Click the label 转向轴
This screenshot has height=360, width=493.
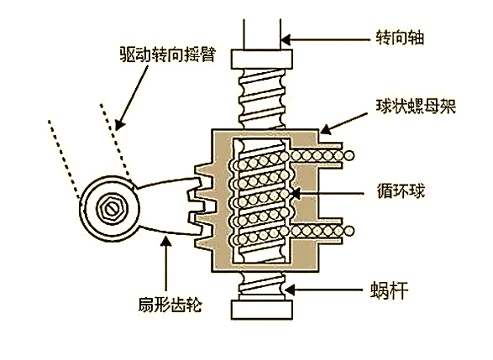401,38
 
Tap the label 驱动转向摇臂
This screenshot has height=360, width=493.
168,55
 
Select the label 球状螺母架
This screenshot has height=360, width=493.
416,107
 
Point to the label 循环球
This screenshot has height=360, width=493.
401,190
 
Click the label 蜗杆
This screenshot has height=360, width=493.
389,290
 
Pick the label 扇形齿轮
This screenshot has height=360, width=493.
170,304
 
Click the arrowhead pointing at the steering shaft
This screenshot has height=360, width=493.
286,40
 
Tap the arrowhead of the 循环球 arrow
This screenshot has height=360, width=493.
296,192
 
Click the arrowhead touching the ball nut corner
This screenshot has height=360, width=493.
325,128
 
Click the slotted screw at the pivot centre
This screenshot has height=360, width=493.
112,209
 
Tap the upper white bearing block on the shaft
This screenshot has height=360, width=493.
262,59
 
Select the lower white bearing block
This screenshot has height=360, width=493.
262,310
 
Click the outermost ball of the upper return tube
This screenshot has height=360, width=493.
349,155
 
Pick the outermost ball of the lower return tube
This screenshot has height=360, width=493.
349,231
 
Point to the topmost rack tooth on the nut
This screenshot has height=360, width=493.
204,170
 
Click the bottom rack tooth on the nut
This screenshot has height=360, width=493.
204,243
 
